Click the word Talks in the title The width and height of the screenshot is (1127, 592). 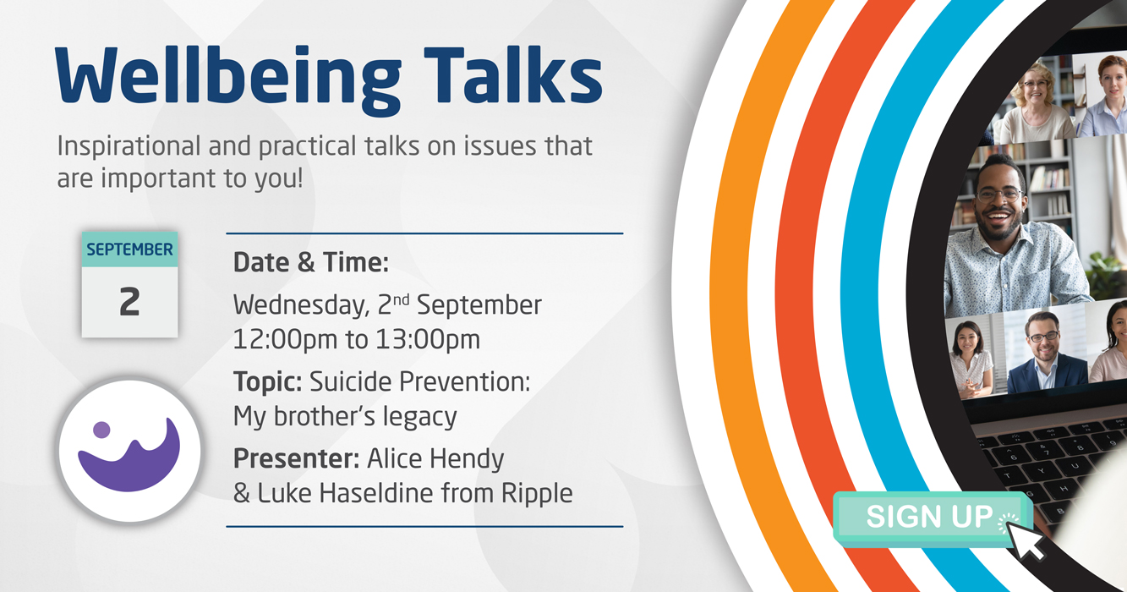click(x=512, y=74)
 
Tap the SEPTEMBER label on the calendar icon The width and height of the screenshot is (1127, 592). click(x=130, y=249)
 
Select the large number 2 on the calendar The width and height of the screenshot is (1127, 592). click(x=129, y=302)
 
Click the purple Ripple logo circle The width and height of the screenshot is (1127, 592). click(x=130, y=451)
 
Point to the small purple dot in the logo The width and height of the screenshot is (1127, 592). click(x=101, y=430)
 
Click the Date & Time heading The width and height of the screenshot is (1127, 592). click(x=311, y=263)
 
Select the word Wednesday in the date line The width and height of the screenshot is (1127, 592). click(x=301, y=305)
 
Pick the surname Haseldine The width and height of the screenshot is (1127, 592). click(x=375, y=493)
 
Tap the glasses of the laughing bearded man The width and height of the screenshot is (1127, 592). click(x=999, y=194)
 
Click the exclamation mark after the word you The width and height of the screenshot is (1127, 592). click(x=300, y=178)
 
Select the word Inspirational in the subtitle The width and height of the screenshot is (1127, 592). click(x=129, y=147)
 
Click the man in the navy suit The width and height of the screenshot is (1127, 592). click(x=1042, y=355)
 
